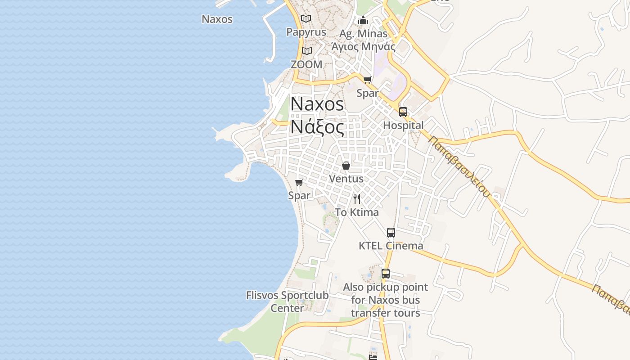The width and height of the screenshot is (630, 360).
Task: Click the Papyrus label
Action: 306,32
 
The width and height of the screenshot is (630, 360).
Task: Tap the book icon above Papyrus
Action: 306,19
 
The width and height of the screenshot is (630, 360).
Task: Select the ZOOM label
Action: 306,64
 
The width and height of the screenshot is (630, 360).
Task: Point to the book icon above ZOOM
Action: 307,51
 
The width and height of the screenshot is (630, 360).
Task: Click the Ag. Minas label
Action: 363,34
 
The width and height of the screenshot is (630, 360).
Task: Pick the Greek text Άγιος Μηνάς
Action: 363,46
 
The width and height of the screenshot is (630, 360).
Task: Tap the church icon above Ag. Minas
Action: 363,21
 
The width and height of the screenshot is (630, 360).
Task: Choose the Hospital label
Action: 403,126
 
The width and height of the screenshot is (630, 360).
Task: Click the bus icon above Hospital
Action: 403,112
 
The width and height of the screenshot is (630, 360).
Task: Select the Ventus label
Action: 346,179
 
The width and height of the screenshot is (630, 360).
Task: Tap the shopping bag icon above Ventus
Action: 346,166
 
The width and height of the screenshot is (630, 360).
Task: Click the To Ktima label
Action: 357,212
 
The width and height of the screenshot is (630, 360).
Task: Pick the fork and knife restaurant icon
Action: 357,199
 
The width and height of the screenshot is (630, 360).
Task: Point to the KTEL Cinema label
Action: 391,246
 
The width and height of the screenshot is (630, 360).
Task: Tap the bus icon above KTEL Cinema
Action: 391,233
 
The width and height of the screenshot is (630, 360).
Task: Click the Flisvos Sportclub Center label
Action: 287,302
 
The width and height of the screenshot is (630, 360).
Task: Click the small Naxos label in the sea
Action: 217,19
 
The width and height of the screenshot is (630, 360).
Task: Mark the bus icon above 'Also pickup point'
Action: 386,273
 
